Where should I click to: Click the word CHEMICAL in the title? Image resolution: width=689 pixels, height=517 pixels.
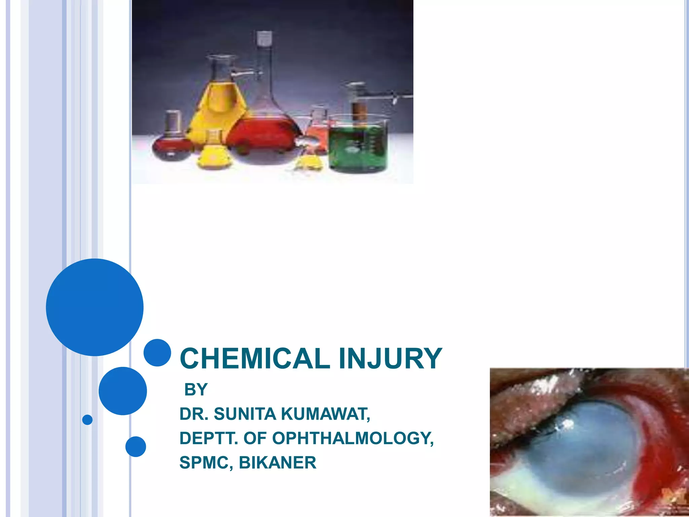255,359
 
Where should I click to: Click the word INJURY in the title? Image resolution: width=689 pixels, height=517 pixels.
390,359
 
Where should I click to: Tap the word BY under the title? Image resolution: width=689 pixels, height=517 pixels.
196,390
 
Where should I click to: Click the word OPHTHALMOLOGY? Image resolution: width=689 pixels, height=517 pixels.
353,438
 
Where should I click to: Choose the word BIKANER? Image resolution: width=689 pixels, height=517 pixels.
278,462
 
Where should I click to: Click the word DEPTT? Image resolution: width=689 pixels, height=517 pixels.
209,438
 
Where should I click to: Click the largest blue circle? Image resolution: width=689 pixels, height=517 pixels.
95,307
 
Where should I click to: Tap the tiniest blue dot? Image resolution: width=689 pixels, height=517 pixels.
87,420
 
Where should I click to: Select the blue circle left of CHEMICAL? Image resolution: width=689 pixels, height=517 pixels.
157,352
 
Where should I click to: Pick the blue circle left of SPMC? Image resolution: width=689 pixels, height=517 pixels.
136,447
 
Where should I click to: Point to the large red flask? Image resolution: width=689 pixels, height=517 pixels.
264,135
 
